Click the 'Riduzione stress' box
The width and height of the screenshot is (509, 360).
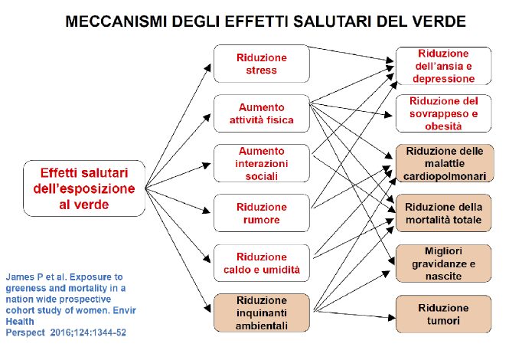click(262, 64)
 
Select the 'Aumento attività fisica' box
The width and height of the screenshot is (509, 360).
click(262, 113)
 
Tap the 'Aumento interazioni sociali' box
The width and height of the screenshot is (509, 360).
click(262, 163)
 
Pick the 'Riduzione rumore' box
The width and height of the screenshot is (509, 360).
click(262, 213)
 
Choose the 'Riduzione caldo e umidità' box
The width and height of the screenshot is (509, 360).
click(262, 263)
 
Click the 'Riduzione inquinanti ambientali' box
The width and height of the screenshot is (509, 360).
click(262, 313)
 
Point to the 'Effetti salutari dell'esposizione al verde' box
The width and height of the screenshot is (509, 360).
click(84, 188)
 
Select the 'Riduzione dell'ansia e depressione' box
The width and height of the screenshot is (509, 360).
click(443, 66)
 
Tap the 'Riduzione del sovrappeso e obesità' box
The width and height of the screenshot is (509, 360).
click(443, 113)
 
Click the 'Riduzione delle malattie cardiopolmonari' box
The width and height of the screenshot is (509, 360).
click(445, 163)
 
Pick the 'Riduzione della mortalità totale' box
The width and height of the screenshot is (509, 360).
click(443, 213)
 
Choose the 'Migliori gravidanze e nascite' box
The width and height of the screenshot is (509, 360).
click(443, 263)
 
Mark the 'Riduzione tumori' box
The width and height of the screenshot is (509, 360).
click(443, 314)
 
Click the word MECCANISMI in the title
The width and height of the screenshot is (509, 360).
click(116, 21)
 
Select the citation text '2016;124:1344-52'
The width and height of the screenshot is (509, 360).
click(88, 332)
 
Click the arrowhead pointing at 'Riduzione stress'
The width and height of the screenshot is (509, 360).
click(208, 67)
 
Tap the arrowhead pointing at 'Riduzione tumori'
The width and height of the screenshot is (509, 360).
click(392, 317)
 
